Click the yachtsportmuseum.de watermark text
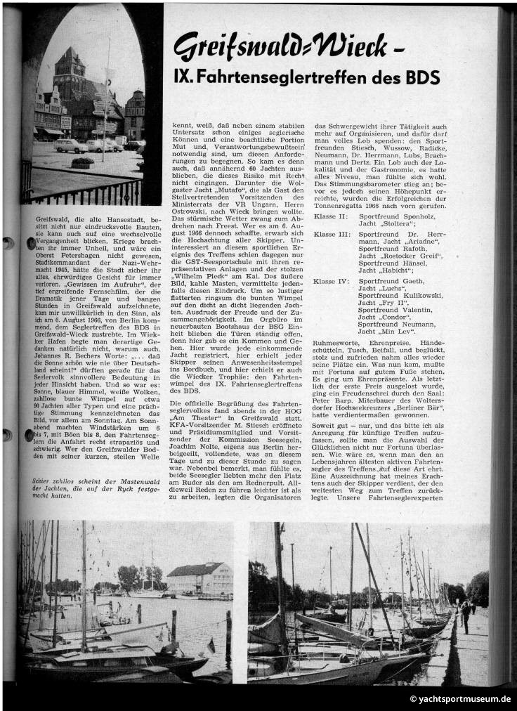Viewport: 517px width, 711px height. point(460,699)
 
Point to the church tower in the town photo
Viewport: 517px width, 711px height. point(71,67)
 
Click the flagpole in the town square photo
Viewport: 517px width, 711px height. point(107,105)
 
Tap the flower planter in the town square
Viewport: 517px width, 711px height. point(83,163)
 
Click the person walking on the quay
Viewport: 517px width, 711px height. point(464,615)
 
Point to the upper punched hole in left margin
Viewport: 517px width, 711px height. point(9,243)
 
